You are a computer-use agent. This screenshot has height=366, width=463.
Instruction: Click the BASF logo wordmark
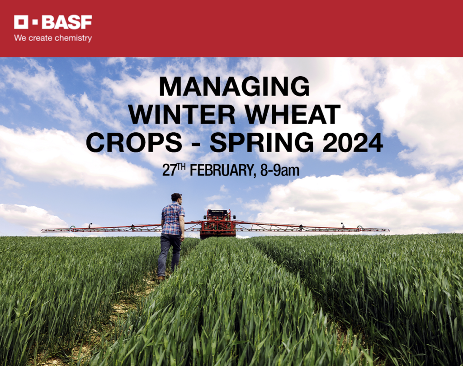(x=67, y=22)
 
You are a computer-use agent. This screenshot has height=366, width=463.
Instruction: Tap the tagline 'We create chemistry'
(x=53, y=38)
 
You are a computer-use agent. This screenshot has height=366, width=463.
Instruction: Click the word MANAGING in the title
(x=234, y=86)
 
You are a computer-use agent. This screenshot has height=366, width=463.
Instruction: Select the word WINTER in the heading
(x=182, y=114)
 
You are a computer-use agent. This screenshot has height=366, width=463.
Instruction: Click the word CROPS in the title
(x=134, y=142)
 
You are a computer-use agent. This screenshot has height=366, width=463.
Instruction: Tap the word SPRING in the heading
(x=262, y=142)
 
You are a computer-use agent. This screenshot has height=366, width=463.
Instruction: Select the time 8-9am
(x=279, y=171)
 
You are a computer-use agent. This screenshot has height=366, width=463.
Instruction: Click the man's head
(x=177, y=198)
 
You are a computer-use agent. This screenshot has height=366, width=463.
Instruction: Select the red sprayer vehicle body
(x=218, y=223)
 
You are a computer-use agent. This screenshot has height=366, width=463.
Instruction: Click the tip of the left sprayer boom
(x=42, y=231)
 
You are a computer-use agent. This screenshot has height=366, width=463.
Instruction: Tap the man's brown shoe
(x=161, y=278)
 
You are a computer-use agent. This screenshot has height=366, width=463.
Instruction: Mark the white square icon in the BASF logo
(x=21, y=22)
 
